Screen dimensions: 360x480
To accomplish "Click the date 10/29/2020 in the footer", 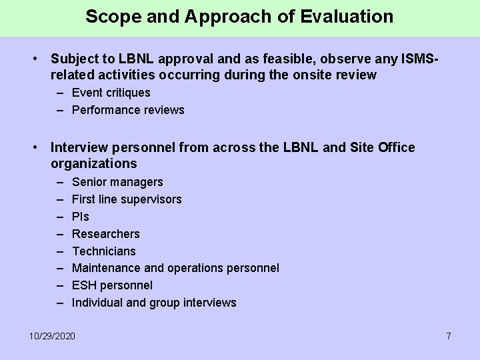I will pyautogui.click(x=53, y=335).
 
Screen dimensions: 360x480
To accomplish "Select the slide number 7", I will pyautogui.click(x=449, y=335).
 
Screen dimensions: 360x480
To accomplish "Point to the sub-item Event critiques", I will pyautogui.click(x=111, y=93).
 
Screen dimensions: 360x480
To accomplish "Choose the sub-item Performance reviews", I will pyautogui.click(x=128, y=110).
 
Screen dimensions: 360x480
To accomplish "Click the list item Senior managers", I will pyautogui.click(x=117, y=182).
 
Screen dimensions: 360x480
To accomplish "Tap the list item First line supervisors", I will pyautogui.click(x=127, y=199).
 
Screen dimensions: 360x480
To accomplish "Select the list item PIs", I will pyautogui.click(x=80, y=217).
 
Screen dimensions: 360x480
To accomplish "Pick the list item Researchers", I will pyautogui.click(x=105, y=234).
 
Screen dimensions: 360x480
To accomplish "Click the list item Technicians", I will pyautogui.click(x=103, y=251).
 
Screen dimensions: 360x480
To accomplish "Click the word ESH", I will pyautogui.click(x=84, y=285).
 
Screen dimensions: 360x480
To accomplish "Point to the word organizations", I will pyautogui.click(x=93, y=164).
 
